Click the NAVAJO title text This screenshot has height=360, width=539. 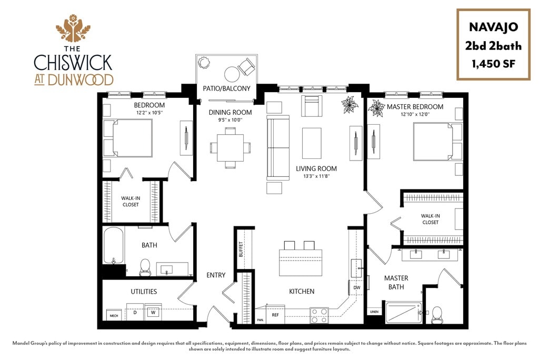(x=493, y=27)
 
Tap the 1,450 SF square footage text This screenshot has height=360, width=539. (x=493, y=64)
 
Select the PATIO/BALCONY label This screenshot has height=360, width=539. (x=226, y=88)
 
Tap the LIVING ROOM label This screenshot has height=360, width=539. (x=316, y=169)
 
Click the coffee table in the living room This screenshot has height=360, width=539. (x=312, y=143)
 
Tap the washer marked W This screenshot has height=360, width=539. (x=153, y=313)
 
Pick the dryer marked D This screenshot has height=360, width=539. (x=135, y=313)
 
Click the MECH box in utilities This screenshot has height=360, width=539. (x=113, y=315)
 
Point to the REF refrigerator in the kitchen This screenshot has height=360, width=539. (x=275, y=315)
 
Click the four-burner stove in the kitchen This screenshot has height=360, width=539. (x=318, y=315)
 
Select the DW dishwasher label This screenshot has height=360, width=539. (x=356, y=288)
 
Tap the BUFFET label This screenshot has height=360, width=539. (x=241, y=249)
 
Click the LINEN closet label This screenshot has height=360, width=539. (x=374, y=312)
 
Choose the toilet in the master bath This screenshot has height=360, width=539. (x=436, y=314)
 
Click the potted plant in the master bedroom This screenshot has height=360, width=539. (x=377, y=109)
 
